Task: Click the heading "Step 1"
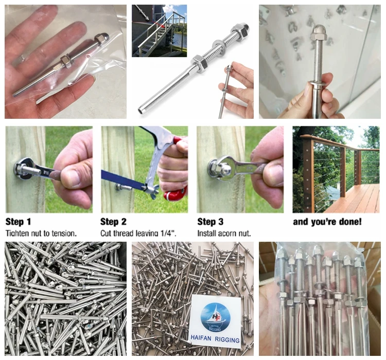(19, 222)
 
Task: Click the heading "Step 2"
(113, 222)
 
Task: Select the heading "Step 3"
(210, 222)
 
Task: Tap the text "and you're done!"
(327, 222)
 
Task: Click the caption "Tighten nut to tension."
(41, 233)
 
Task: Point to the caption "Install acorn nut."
(224, 233)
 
